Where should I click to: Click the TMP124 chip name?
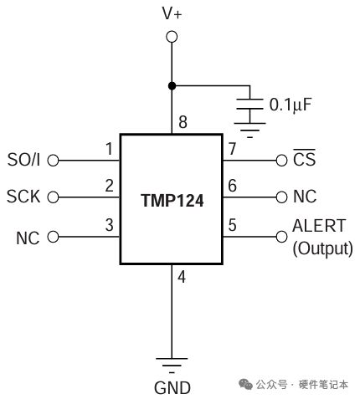[172, 202]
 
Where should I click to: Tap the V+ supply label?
[172, 13]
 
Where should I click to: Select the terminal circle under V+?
[172, 37]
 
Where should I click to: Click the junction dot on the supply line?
[172, 84]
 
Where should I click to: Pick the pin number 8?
[183, 124]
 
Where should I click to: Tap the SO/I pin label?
[23, 159]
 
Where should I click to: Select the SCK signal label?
[23, 197]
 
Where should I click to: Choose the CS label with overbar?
[306, 159]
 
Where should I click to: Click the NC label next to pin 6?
[304, 197]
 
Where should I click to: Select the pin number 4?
[183, 277]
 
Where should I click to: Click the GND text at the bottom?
[172, 387]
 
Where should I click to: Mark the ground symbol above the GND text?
[172, 363]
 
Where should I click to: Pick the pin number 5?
[232, 225]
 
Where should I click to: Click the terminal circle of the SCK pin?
[53, 197]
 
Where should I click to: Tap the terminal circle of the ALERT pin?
[281, 237]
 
